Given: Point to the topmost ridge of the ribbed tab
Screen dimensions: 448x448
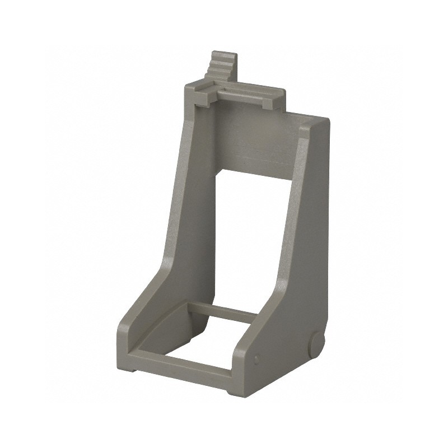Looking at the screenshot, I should coord(218,54).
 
